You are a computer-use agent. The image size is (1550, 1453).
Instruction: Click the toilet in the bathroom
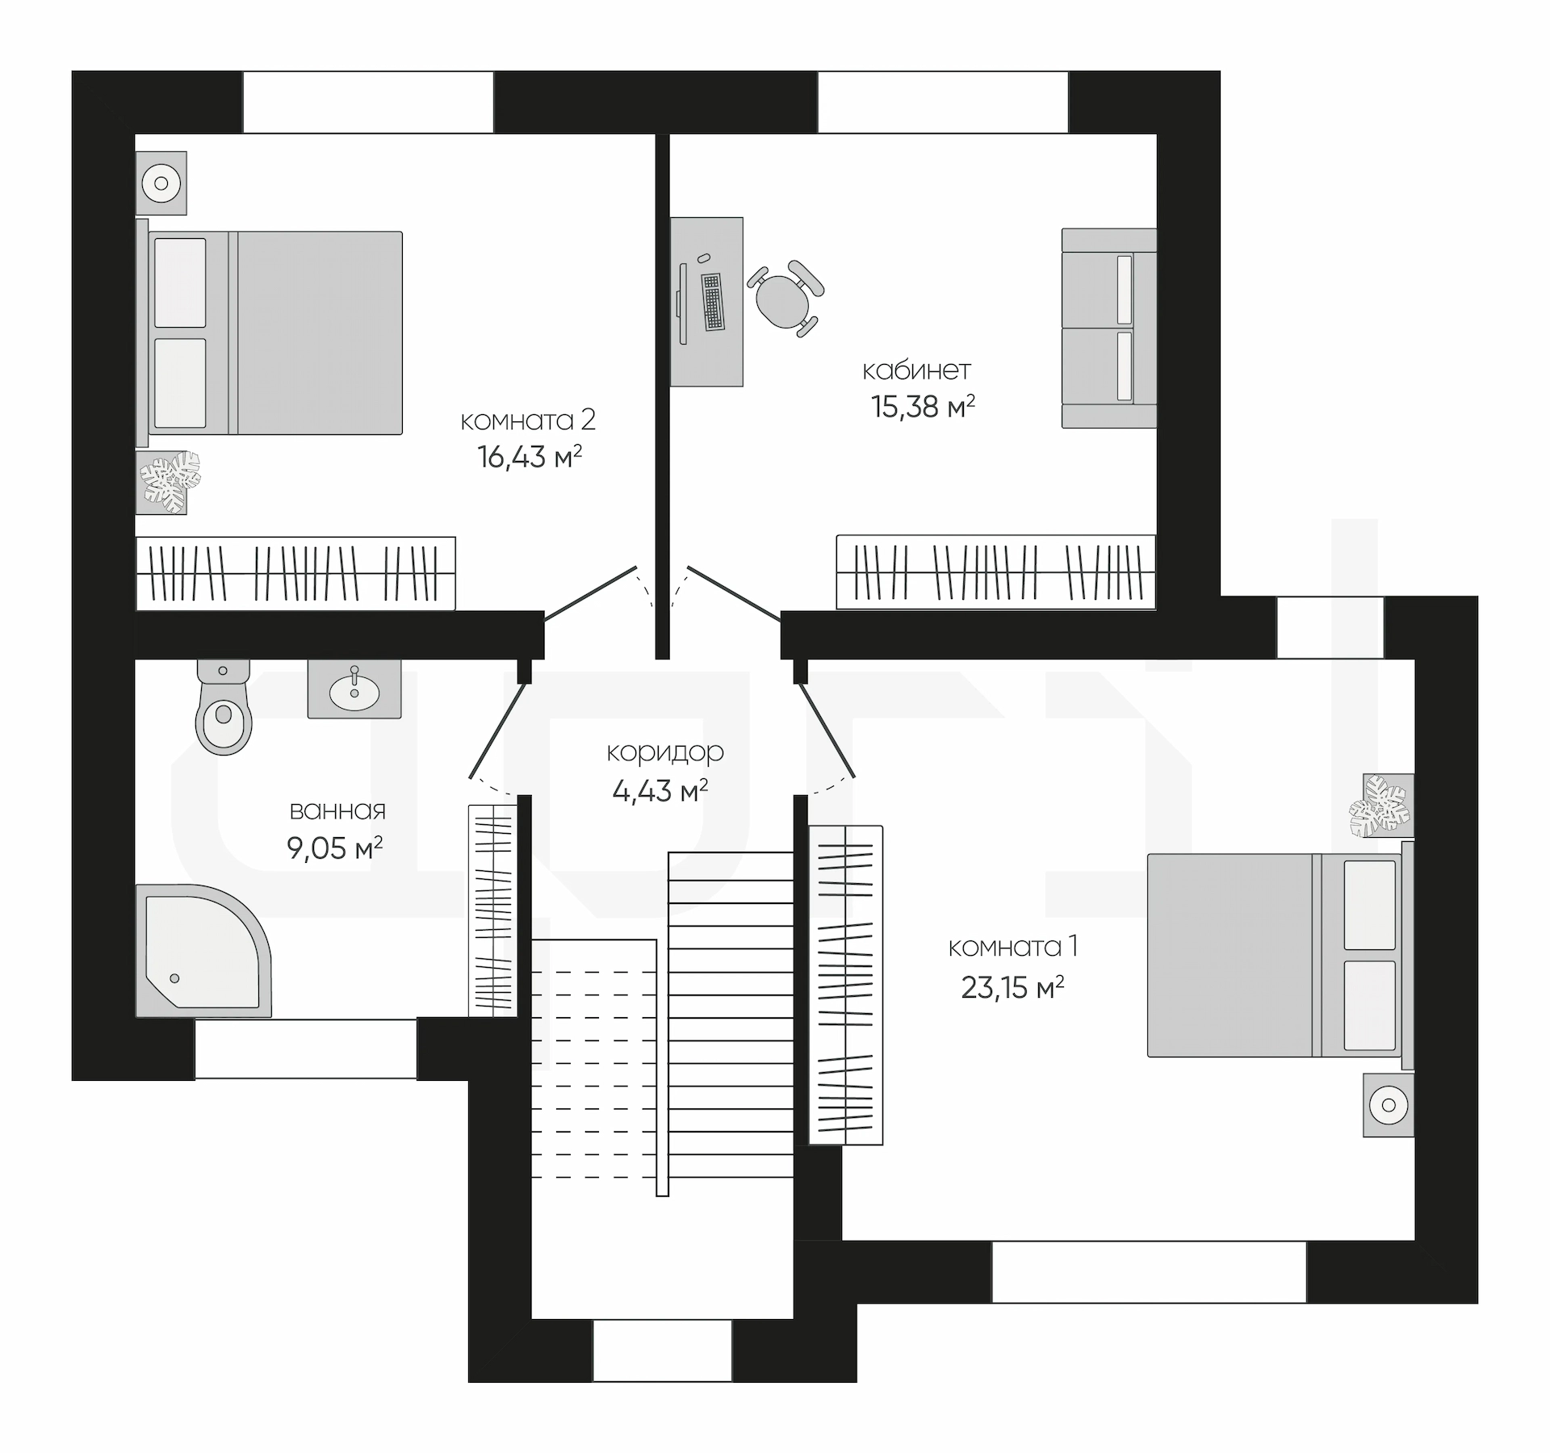click(x=223, y=706)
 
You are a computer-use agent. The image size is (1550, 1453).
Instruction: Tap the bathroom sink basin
click(x=354, y=689)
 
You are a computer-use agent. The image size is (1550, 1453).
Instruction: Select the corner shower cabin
click(x=203, y=950)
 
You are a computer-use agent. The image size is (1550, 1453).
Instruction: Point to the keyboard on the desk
click(x=712, y=302)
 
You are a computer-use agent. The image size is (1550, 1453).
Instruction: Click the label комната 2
click(x=528, y=420)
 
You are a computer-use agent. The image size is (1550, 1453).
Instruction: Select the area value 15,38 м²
click(x=923, y=406)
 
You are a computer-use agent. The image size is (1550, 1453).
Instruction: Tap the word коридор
click(x=665, y=752)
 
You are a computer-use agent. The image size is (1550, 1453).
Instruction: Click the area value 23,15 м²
click(x=1012, y=987)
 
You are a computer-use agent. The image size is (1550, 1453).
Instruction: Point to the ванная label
click(x=337, y=810)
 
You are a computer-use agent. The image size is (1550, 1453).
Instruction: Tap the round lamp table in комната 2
click(x=161, y=183)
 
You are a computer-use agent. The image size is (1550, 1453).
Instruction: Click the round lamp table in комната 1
click(x=1389, y=1105)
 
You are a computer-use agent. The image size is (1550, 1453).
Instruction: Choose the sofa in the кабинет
click(x=1109, y=328)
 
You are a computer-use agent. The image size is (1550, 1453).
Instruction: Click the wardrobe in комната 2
click(x=295, y=573)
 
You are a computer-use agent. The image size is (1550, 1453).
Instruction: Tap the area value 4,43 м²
click(x=660, y=790)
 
